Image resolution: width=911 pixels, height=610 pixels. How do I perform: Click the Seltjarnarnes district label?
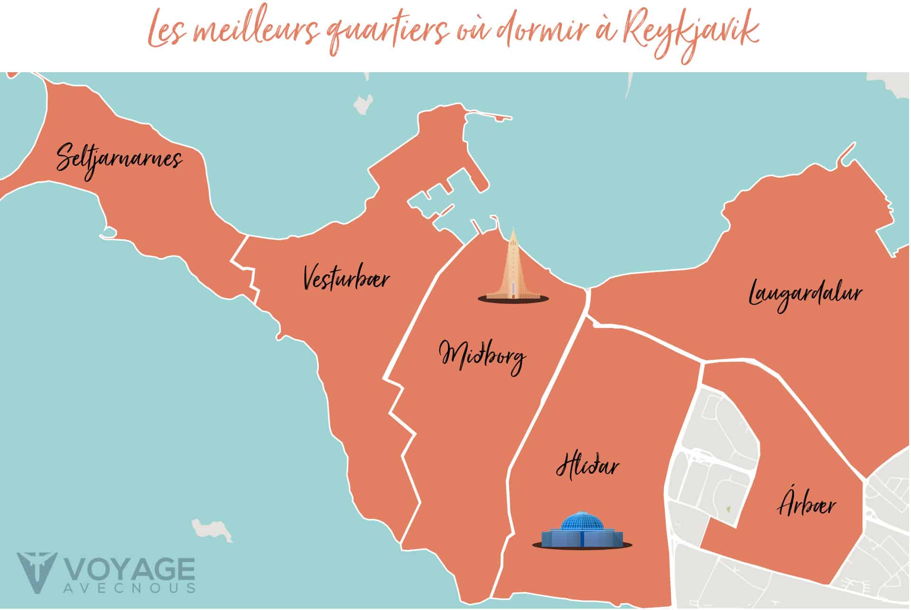pyautogui.click(x=119, y=159)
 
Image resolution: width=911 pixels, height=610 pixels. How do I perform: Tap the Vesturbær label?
pyautogui.click(x=346, y=278)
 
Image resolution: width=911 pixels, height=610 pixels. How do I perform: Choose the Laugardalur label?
pyautogui.click(x=805, y=293)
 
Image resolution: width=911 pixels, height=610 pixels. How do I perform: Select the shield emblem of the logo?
pyautogui.click(x=37, y=572)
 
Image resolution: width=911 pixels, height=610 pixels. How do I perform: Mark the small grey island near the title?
pyautogui.click(x=364, y=104)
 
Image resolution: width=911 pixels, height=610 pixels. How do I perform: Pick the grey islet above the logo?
pyautogui.click(x=211, y=530)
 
